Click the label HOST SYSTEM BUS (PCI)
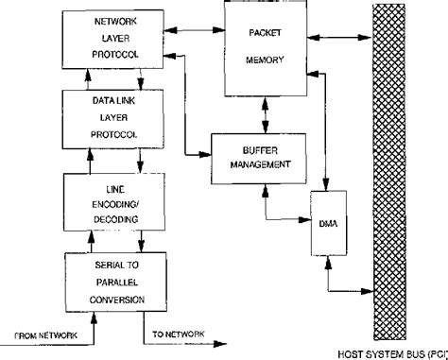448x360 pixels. pos(393,352)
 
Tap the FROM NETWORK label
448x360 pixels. pos(44,335)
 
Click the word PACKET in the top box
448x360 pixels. pos(264,34)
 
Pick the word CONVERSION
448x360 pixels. pos(114,300)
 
